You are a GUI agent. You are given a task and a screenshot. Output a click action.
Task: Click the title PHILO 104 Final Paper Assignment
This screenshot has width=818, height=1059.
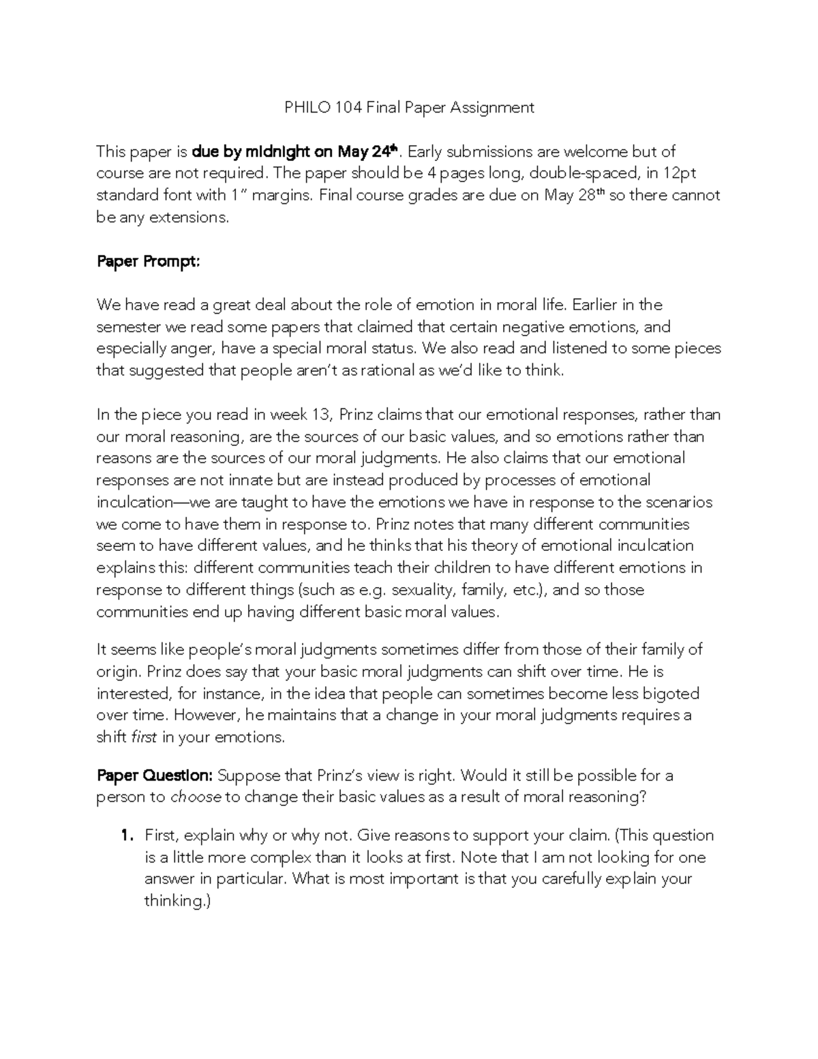point(409,107)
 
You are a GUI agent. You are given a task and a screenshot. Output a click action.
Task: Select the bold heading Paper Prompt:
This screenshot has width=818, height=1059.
point(148,261)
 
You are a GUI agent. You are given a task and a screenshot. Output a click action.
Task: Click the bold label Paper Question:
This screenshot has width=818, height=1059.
point(155,775)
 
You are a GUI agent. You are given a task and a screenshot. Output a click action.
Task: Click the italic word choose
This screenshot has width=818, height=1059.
point(195,797)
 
